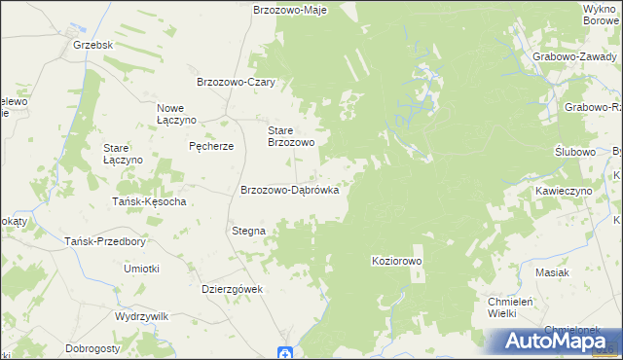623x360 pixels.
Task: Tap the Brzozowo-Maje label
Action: pyautogui.click(x=289, y=10)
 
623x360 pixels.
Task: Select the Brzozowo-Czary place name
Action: pyautogui.click(x=238, y=83)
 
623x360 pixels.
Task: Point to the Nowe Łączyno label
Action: pyautogui.click(x=177, y=113)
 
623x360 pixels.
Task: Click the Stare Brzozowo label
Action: pyautogui.click(x=291, y=135)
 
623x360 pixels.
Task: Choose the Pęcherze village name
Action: pyautogui.click(x=211, y=146)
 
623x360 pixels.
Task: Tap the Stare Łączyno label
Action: pyautogui.click(x=124, y=154)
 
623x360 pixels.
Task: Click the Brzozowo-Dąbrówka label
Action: pyautogui.click(x=289, y=191)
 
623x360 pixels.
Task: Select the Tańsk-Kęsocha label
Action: pyautogui.click(x=149, y=201)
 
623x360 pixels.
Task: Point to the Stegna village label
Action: pyautogui.click(x=248, y=231)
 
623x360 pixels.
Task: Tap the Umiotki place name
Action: pyautogui.click(x=141, y=268)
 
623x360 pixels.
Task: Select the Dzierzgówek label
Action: pyautogui.click(x=233, y=288)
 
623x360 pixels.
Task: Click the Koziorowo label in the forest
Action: pyautogui.click(x=397, y=261)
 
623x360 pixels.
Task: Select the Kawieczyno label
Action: pyautogui.click(x=564, y=192)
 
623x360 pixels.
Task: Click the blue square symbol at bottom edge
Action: pyautogui.click(x=284, y=353)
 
